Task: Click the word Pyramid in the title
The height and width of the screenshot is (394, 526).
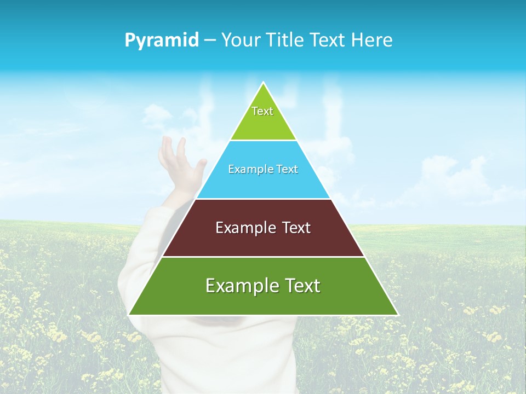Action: (162, 40)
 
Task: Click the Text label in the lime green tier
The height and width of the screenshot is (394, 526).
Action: (262, 111)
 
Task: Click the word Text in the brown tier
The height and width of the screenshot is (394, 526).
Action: (296, 228)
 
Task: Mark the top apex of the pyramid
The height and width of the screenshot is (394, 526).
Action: (264, 83)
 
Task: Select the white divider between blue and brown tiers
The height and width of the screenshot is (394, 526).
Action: (263, 199)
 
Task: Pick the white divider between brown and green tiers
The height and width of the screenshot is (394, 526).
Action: (263, 257)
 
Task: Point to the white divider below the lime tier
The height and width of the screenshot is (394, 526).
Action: (263, 141)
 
